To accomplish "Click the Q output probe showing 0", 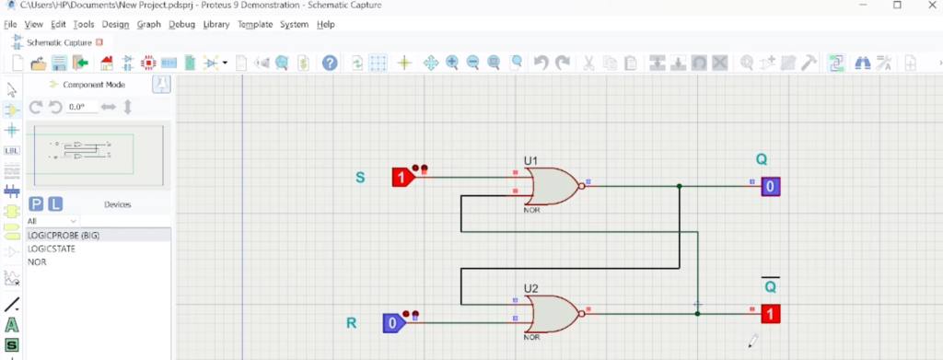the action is [x=771, y=186].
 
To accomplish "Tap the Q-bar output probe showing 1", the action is [x=771, y=314].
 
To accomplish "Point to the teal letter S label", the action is [x=360, y=178].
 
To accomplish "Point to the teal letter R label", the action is [x=351, y=323].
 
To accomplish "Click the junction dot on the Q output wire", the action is [x=679, y=186].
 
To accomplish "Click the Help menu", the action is [x=325, y=25].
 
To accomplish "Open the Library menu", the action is [x=215, y=25].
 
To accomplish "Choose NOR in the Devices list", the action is [x=37, y=262].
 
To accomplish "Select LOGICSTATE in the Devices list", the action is [x=52, y=249].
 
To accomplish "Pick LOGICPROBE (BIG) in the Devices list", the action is [x=64, y=236].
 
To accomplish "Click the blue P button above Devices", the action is [x=36, y=204].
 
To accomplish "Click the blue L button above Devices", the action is [x=54, y=204].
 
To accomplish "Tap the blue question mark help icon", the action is [x=330, y=63].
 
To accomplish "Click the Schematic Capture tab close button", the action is [x=99, y=42].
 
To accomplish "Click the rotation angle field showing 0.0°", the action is [x=82, y=107].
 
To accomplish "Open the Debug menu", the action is [x=181, y=25].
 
